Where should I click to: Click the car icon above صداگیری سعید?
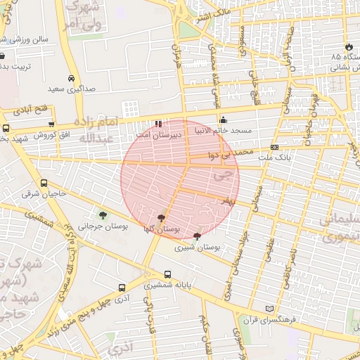71,78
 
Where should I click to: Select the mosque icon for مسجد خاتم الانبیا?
224,120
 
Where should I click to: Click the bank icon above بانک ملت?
274,147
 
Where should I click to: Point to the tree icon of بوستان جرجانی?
103,215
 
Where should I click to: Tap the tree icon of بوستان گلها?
162,219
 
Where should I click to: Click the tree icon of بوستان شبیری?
196,237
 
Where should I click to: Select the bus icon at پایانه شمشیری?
167,275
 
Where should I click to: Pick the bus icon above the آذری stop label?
122,288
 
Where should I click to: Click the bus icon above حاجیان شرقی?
44,183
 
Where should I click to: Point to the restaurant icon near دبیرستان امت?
159,123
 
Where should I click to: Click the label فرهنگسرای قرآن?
266,321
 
